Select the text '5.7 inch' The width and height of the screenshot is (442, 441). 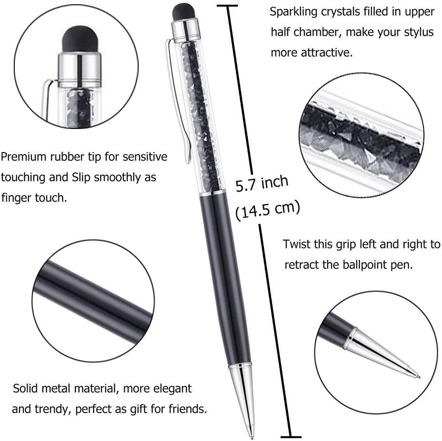(x=262, y=183)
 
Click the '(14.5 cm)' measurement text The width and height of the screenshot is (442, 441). (x=268, y=209)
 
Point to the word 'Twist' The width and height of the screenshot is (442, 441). (x=297, y=244)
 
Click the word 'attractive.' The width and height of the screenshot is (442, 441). (x=327, y=53)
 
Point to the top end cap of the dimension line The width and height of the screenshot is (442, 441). (x=227, y=5)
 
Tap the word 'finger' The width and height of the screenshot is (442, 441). (x=19, y=197)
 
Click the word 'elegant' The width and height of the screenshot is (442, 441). (x=168, y=389)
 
